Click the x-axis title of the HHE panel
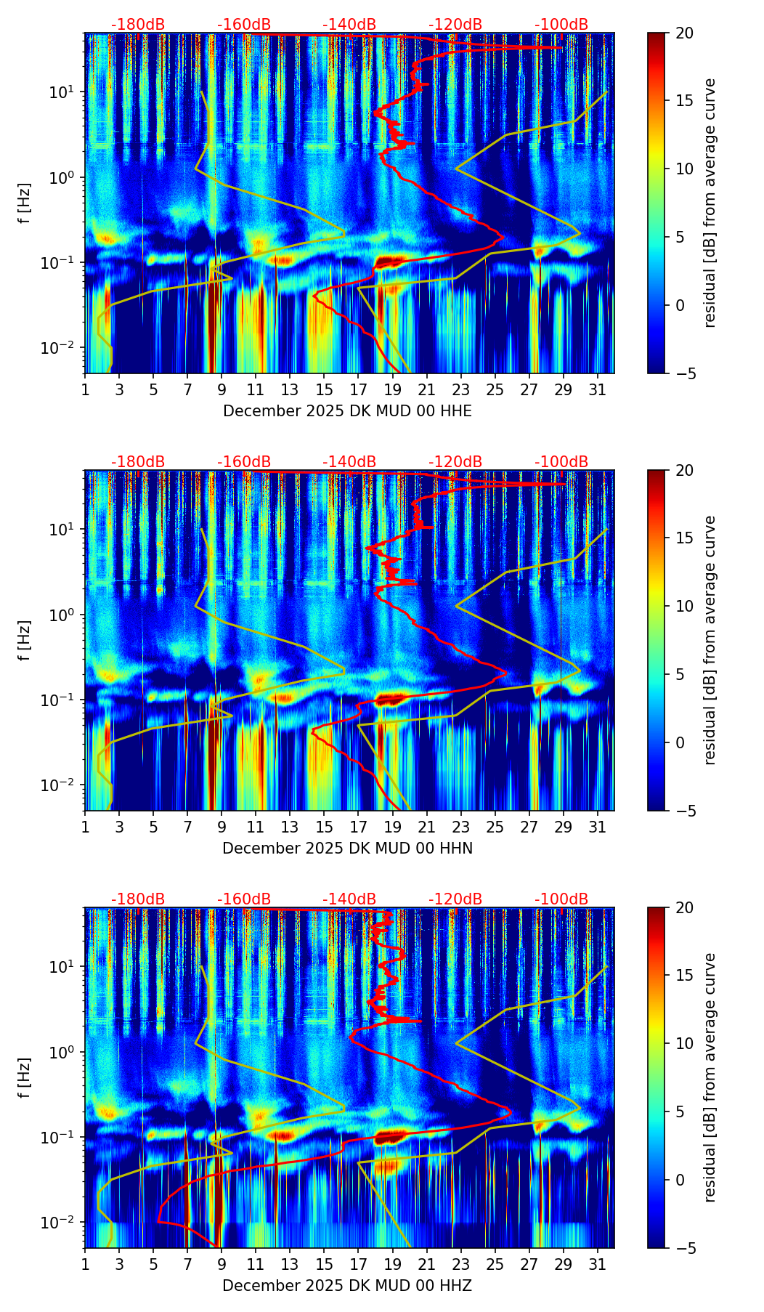[347, 411]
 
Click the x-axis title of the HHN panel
[347, 849]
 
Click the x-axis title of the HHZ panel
[347, 1286]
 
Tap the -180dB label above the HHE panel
[138, 25]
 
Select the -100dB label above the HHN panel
[561, 462]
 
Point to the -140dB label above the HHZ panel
[349, 899]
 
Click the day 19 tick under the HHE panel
[392, 389]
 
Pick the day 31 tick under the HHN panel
[597, 827]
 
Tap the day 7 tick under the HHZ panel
[187, 1264]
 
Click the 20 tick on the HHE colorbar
[683, 33]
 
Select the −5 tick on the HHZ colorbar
[683, 1248]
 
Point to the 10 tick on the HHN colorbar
[683, 606]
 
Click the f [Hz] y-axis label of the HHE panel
[25, 203]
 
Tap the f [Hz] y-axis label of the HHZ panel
[25, 1077]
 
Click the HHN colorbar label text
[710, 640]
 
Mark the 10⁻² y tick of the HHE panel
[65, 348]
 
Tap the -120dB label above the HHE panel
[455, 25]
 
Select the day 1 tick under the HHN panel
[86, 827]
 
